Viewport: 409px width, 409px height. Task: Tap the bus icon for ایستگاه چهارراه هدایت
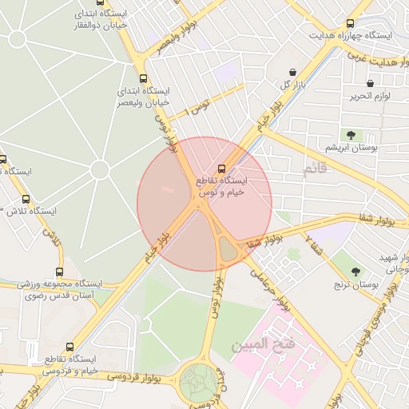pos(349,23)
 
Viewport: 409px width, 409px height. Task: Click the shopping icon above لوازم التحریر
pos(370,83)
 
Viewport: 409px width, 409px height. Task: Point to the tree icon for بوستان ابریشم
pos(349,134)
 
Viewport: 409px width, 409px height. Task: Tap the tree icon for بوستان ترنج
pos(355,271)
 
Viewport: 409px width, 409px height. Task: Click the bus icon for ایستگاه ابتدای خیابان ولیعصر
pos(143,78)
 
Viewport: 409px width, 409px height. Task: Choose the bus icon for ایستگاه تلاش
pos(26,199)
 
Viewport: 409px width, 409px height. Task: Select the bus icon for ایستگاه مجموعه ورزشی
pos(59,272)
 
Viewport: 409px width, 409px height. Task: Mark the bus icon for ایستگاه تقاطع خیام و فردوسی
pos(70,347)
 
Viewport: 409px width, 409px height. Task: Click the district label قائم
pos(316,170)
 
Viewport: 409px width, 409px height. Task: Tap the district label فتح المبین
pos(264,346)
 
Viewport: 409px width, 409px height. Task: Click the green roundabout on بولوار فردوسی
pos(197,382)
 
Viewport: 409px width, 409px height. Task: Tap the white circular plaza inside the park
pos(99,169)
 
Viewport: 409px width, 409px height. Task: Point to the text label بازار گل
pos(293,85)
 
